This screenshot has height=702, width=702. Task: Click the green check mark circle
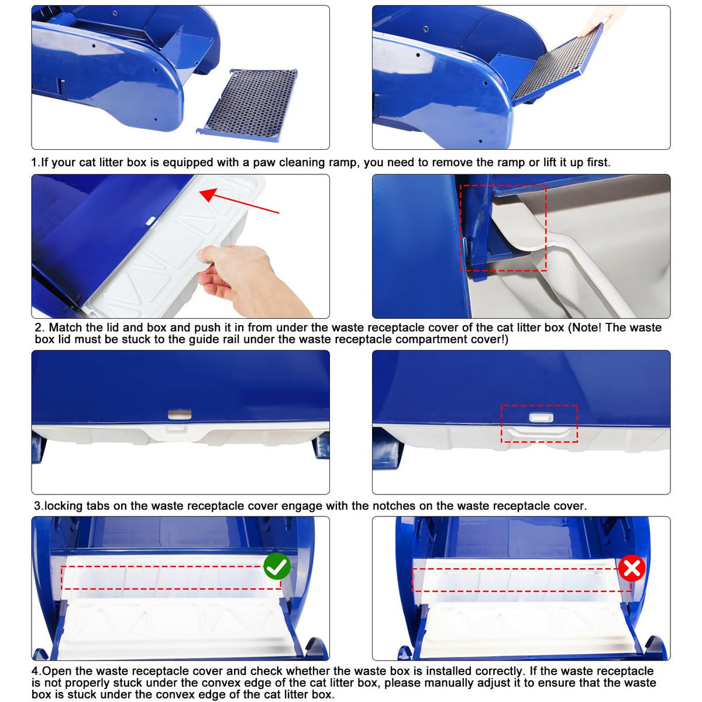[277, 566]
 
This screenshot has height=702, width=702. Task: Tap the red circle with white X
[632, 568]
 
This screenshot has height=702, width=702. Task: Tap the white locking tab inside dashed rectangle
[541, 417]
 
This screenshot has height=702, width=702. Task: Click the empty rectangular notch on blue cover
[180, 414]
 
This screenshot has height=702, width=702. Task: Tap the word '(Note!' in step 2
[585, 328]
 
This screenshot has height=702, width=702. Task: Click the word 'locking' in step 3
[64, 506]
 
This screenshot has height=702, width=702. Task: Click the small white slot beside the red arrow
[150, 220]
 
